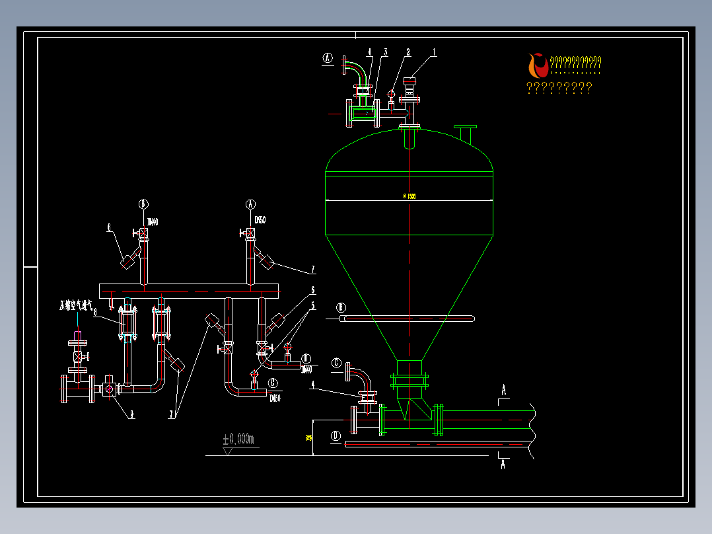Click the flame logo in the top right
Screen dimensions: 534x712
coord(538,65)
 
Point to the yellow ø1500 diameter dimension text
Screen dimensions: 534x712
coord(409,196)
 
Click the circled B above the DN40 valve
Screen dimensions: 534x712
coord(143,204)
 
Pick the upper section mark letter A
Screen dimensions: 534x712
coord(504,391)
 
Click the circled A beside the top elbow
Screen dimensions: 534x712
coord(328,57)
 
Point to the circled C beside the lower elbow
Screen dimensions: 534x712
coord(336,362)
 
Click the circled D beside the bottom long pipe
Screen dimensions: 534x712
coord(336,436)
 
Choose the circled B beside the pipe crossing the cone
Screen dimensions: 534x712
coord(341,307)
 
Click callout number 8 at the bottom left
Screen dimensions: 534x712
coord(131,414)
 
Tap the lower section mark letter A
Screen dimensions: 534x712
coord(503,465)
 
